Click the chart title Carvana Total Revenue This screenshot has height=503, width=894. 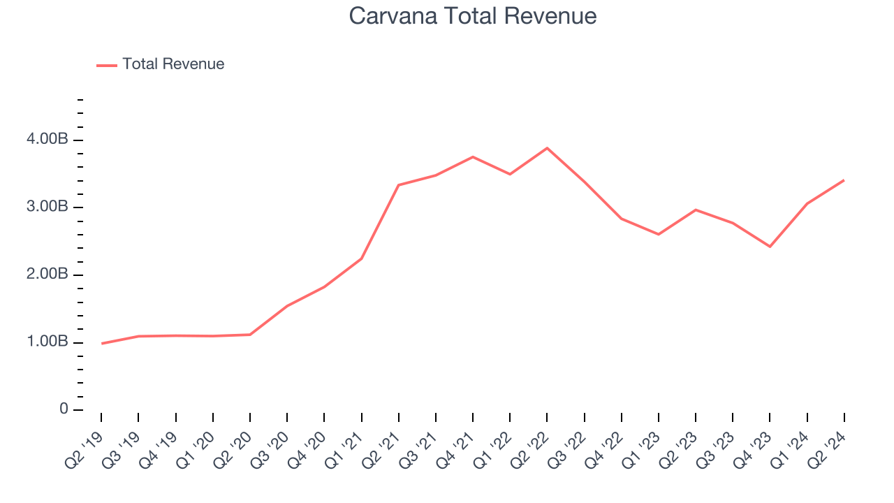click(x=473, y=15)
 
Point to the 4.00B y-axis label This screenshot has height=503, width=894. click(x=48, y=140)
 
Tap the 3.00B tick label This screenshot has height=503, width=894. click(x=48, y=207)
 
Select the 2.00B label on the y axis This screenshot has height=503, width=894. click(x=48, y=275)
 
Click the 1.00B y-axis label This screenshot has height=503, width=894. click(x=48, y=342)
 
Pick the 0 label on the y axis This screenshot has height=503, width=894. click(x=64, y=409)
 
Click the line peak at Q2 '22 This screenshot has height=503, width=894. click(x=547, y=148)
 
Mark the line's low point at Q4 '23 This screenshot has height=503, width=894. click(x=770, y=247)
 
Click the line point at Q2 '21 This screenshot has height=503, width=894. click(x=398, y=185)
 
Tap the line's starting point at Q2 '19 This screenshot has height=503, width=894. click(x=101, y=343)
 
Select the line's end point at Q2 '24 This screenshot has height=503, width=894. click(x=844, y=180)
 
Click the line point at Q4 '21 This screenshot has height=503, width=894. click(x=473, y=156)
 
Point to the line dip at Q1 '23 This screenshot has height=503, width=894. click(x=659, y=234)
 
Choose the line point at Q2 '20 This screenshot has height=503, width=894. click(x=250, y=335)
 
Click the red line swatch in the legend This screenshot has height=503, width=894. click(x=107, y=65)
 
